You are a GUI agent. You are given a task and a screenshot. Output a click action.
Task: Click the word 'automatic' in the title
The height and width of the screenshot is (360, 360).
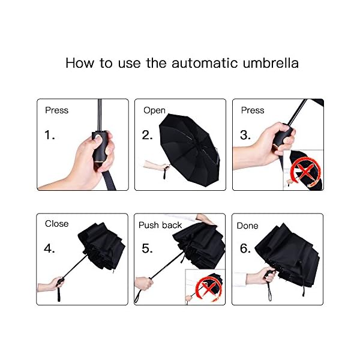(205, 63)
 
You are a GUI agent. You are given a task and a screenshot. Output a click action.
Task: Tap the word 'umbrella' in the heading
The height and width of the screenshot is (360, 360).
(271, 62)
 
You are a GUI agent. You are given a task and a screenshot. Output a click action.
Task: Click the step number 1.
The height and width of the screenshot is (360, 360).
(50, 135)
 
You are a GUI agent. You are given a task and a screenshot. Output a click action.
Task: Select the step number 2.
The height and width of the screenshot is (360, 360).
(147, 135)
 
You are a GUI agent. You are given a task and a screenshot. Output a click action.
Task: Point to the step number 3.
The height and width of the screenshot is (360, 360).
(245, 135)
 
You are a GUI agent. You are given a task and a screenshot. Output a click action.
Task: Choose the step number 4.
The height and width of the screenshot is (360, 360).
(49, 248)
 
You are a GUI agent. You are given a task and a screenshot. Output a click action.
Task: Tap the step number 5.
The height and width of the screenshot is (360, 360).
(147, 248)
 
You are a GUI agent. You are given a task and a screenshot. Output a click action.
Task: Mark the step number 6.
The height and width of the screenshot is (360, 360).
(245, 248)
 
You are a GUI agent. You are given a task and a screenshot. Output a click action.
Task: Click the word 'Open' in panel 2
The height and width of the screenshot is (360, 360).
(154, 110)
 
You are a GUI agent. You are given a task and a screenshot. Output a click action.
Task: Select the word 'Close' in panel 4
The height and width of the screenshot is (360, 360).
(57, 224)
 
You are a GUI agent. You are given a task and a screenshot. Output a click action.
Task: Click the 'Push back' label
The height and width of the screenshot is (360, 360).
(160, 225)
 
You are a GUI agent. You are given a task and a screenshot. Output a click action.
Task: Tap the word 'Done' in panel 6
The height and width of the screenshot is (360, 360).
(247, 226)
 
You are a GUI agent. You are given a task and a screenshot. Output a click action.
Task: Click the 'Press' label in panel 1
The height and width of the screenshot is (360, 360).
(57, 110)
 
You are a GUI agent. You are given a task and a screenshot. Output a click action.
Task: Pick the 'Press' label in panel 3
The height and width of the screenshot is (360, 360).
(253, 110)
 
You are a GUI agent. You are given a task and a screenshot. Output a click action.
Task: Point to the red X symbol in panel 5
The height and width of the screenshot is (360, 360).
(208, 287)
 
